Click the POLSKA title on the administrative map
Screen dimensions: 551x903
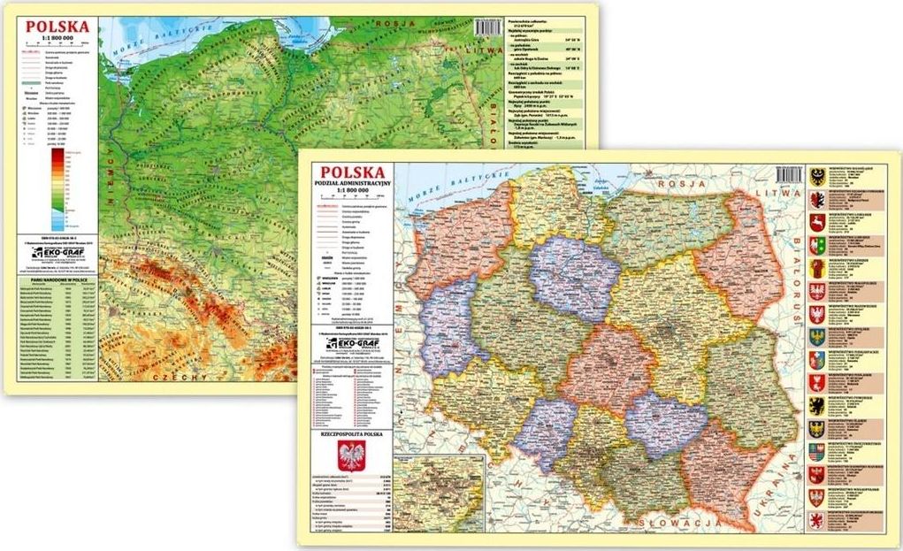pyautogui.click(x=352, y=172)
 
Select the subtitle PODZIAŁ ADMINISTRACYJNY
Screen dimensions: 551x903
pyautogui.click(x=352, y=186)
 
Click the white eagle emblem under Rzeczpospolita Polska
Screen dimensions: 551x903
pyautogui.click(x=351, y=456)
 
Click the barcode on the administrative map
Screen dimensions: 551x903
pyautogui.click(x=789, y=174)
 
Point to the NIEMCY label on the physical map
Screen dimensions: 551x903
pyautogui.click(x=111, y=177)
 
